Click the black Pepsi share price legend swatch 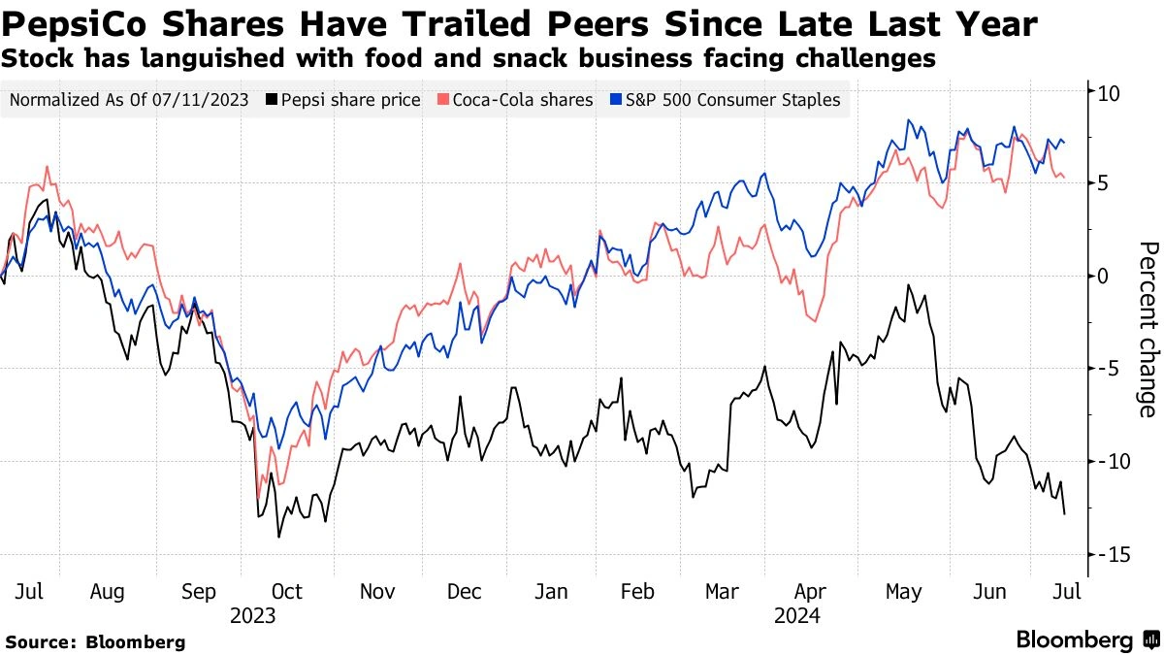(273, 100)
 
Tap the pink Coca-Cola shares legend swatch (443, 100)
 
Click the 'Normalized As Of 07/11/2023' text (130, 100)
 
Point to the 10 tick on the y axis (1109, 94)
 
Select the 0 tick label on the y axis (1104, 278)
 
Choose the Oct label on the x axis (287, 591)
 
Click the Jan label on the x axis (552, 591)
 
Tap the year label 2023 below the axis (252, 615)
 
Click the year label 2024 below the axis (797, 615)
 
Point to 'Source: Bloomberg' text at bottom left (94, 642)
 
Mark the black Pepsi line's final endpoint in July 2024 (1065, 513)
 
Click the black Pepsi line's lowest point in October (279, 537)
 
